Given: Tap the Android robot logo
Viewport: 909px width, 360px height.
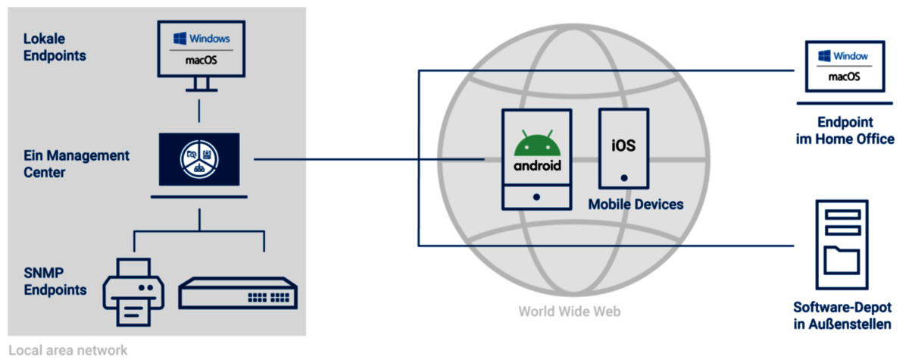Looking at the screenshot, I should (x=538, y=144).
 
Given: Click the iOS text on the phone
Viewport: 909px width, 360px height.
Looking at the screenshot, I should (x=624, y=144).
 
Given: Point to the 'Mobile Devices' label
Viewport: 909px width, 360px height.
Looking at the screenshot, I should (x=636, y=205).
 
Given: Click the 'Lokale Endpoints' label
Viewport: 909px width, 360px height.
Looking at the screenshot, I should (x=55, y=46).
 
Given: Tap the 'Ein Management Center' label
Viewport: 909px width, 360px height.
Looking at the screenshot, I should (x=76, y=164).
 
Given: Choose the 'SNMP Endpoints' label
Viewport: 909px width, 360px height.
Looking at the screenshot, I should (x=55, y=281).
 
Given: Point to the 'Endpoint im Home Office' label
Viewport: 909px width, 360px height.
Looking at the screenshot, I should (x=845, y=131).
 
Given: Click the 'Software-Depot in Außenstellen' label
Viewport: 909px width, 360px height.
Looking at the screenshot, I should (x=842, y=316).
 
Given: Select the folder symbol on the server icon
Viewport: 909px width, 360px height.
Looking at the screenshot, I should (x=841, y=259).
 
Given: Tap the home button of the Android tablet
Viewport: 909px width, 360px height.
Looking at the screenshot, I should (x=536, y=197).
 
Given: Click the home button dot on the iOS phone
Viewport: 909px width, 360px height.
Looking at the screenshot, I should (x=624, y=178).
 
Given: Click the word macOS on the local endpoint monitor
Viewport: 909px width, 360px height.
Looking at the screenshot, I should (x=201, y=60).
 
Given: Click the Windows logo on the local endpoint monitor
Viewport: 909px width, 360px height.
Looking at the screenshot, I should (x=180, y=38).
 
